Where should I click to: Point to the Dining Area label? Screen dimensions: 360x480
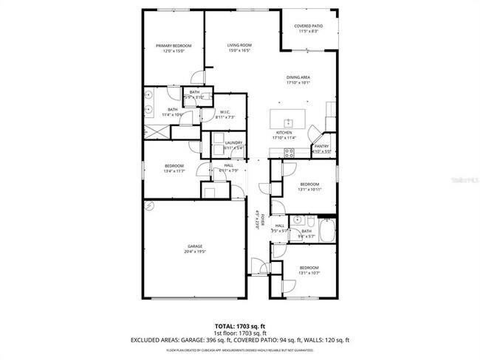(298, 77)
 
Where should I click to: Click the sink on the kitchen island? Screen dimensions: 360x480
(289, 120)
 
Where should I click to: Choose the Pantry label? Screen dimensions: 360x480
(321, 146)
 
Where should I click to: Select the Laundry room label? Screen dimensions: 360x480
(234, 142)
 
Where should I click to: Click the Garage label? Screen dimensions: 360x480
(195, 246)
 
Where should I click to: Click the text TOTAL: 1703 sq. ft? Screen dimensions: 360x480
(239, 325)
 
